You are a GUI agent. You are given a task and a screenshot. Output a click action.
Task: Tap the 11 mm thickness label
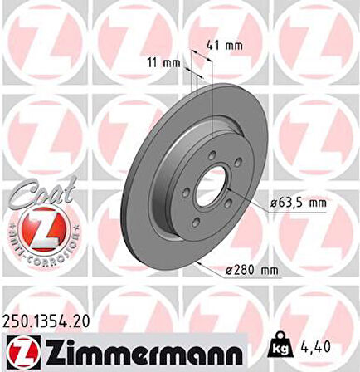[x=168, y=61]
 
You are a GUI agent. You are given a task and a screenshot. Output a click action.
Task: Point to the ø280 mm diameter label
[x=252, y=271]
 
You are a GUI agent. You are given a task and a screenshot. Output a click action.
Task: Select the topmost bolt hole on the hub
[x=213, y=154]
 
